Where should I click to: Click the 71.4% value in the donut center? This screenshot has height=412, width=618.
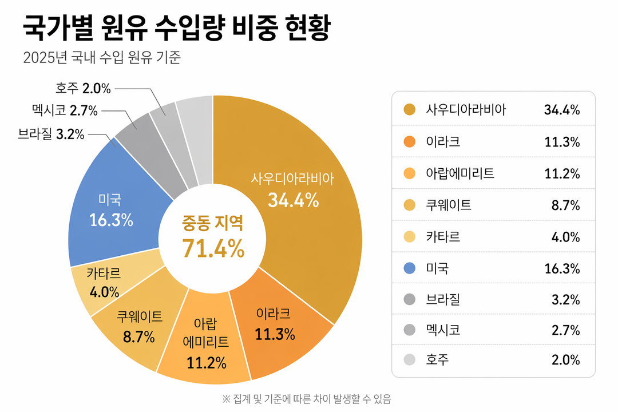[x=213, y=248]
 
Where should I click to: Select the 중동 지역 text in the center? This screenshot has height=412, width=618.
[x=213, y=223]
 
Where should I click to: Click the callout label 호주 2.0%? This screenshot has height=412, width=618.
[x=83, y=88]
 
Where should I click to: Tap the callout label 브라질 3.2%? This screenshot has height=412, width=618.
[x=51, y=134]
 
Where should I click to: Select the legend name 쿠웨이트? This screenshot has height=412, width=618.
[x=449, y=205]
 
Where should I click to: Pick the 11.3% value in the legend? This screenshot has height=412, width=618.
[x=562, y=141]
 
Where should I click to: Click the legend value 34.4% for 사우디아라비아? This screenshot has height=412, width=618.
[x=562, y=109]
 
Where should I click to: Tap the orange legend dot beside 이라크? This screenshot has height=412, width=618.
[x=409, y=141]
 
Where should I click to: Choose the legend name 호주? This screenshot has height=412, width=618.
[x=438, y=360]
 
